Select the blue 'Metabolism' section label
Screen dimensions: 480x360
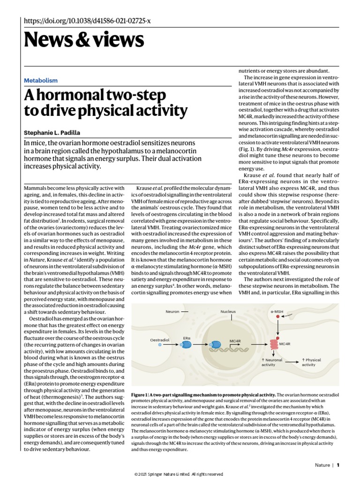[41, 81]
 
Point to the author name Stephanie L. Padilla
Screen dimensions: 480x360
[52, 132]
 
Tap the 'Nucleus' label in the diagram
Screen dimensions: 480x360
[228, 311]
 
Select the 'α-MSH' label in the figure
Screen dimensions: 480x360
[277, 311]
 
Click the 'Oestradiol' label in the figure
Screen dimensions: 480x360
[159, 339]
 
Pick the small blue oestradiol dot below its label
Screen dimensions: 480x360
[160, 345]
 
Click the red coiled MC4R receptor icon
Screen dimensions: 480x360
[274, 344]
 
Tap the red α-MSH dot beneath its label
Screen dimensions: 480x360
[277, 317]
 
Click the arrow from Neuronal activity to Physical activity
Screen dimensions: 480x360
[292, 361]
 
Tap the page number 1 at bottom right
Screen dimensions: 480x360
[337, 465]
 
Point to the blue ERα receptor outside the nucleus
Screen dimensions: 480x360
[187, 345]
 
